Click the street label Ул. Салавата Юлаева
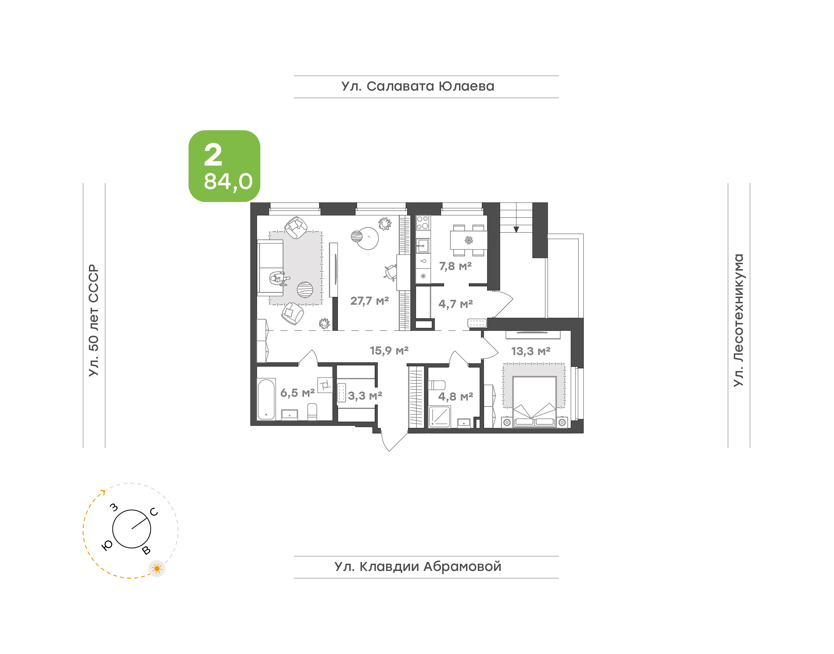pyautogui.click(x=418, y=87)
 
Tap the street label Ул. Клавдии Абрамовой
pyautogui.click(x=418, y=567)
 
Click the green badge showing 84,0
pyautogui.click(x=224, y=166)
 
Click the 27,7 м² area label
pyautogui.click(x=369, y=301)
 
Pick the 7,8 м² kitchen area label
pyautogui.click(x=455, y=266)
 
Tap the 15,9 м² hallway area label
pyautogui.click(x=389, y=350)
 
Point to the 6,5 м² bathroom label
pyautogui.click(x=297, y=393)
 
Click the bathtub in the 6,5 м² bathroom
pyautogui.click(x=266, y=399)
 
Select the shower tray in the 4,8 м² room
pyautogui.click(x=439, y=416)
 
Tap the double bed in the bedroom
pyautogui.click(x=534, y=401)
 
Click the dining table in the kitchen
pyautogui.click(x=469, y=240)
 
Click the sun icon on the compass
pyautogui.click(x=157, y=569)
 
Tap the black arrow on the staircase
pyautogui.click(x=516, y=229)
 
